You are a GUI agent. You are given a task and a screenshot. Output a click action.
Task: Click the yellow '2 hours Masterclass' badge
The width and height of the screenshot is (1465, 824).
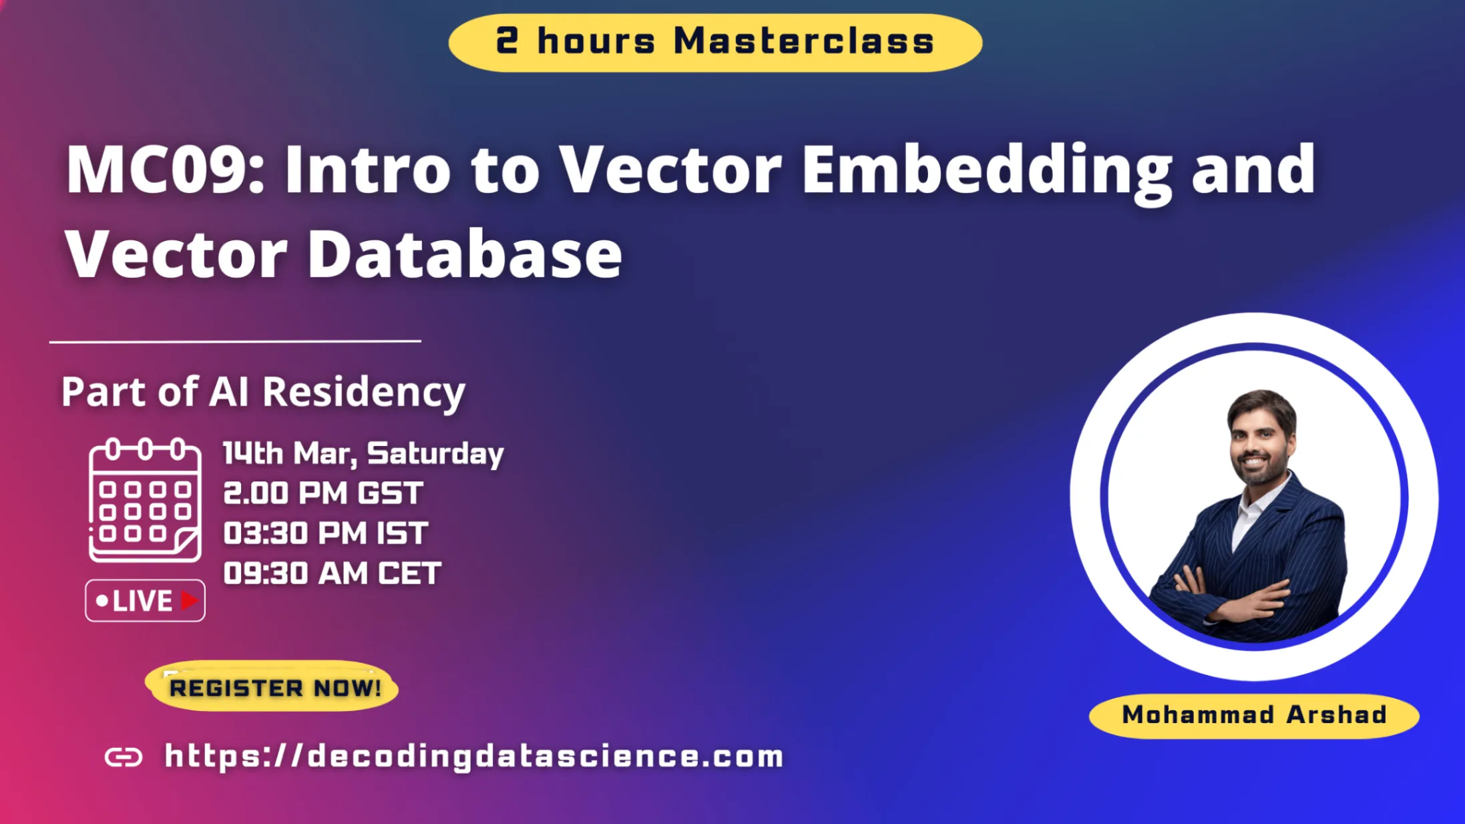point(715,42)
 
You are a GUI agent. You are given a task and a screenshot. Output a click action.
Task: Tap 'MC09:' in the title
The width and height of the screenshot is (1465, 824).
point(165,170)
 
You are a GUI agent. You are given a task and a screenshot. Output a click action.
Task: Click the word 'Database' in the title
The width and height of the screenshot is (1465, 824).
point(464,254)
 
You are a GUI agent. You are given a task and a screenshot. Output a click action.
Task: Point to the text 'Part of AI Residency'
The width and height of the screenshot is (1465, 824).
point(263,391)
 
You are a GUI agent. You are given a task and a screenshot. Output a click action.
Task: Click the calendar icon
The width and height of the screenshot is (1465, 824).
point(145,500)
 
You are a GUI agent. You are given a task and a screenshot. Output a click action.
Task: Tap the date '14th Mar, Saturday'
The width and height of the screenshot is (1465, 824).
point(363,453)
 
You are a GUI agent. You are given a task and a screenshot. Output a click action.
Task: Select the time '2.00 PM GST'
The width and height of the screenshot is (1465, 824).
point(323,493)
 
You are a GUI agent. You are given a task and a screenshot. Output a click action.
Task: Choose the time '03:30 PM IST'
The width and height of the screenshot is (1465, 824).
point(325,534)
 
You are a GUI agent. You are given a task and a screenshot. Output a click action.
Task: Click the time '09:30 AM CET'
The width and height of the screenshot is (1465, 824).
point(332,573)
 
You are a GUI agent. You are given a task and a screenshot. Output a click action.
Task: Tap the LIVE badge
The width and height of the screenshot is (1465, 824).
point(145,600)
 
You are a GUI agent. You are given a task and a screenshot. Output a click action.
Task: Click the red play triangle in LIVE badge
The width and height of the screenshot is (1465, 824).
point(189,600)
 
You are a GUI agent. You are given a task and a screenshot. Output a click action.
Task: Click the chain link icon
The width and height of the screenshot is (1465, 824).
point(124,757)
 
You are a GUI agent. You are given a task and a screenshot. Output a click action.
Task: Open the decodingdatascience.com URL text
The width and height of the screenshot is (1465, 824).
point(474,757)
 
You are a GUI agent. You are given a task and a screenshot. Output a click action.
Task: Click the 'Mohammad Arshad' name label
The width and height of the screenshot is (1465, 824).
point(1254,715)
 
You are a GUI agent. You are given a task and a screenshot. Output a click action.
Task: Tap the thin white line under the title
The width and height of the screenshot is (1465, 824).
point(235,341)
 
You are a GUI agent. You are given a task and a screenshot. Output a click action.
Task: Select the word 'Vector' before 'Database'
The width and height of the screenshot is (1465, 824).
point(176,254)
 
